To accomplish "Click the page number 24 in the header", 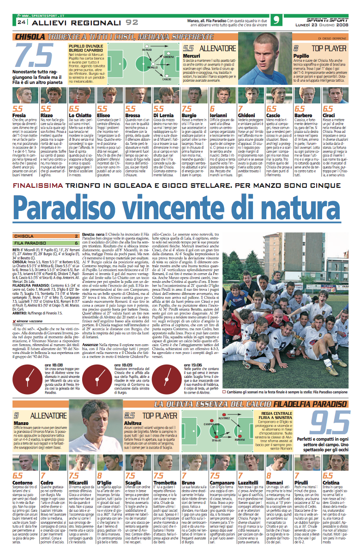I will [x=21, y=22].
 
